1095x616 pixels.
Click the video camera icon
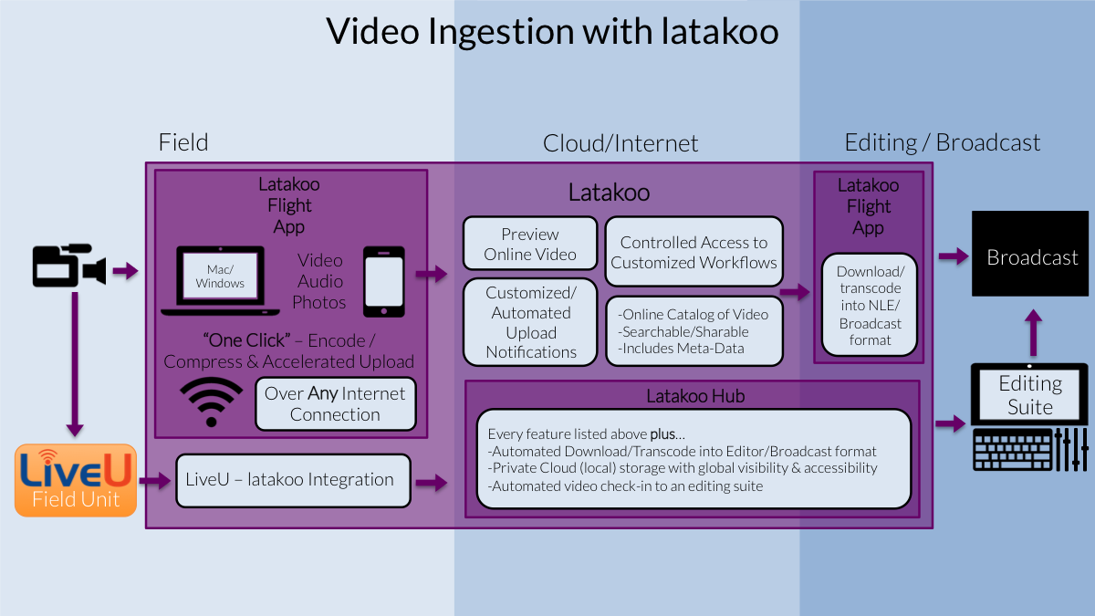[69, 265]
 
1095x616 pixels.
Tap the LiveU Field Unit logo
[76, 480]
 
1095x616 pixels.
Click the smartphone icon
[384, 282]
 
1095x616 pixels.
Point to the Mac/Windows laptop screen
[220, 276]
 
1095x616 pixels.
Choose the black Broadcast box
[1030, 254]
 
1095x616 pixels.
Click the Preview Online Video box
[530, 244]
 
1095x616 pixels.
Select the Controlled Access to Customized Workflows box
[693, 252]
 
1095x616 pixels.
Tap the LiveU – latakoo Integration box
[293, 481]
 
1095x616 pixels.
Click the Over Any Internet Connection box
[336, 403]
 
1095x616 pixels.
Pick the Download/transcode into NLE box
[870, 305]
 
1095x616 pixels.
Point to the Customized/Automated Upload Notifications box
[530, 322]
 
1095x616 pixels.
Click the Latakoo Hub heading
[695, 396]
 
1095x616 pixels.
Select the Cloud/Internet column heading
[620, 144]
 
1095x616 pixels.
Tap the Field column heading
[183, 142]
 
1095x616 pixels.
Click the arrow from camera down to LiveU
[75, 364]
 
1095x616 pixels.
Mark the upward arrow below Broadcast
[1033, 333]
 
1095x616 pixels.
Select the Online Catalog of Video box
[694, 331]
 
